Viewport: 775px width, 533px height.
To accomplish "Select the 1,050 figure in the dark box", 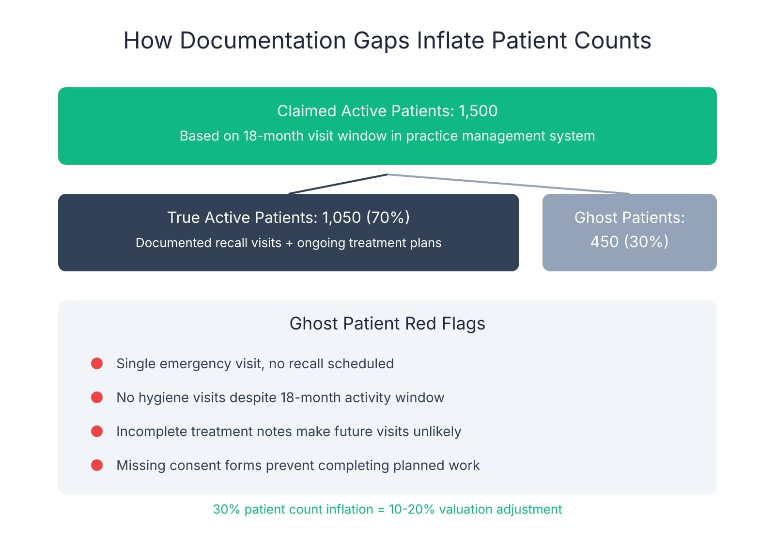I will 341,218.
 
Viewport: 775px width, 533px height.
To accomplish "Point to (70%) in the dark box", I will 388,218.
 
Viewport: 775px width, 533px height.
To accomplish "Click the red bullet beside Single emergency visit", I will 97,363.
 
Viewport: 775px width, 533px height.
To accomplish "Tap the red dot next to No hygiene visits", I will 97,397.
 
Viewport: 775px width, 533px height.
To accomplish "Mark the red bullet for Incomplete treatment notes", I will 97,431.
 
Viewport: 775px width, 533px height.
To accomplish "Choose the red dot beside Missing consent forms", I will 97,465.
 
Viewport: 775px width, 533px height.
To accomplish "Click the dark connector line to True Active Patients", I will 338,184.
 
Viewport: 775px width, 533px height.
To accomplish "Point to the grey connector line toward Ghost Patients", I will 509,184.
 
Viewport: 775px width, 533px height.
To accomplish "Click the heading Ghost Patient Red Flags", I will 387,323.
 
